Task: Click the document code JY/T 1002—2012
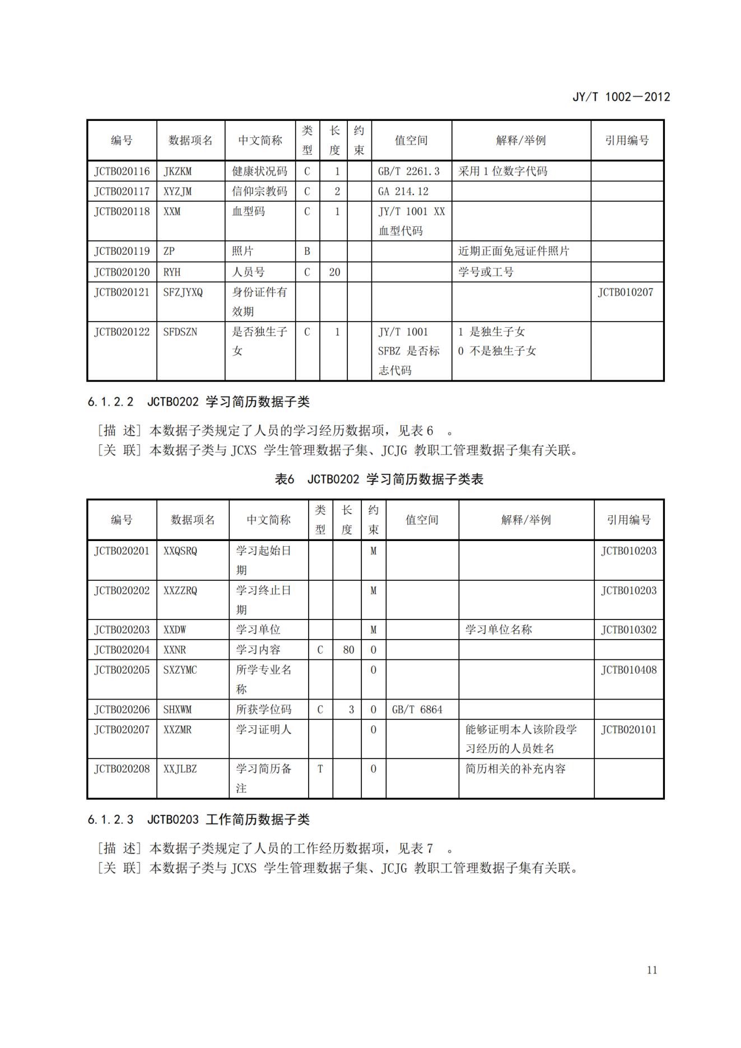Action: [x=621, y=97]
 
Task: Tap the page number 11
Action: [x=651, y=970]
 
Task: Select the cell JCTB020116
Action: [x=122, y=171]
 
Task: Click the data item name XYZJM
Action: [x=178, y=192]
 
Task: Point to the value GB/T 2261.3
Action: [x=409, y=171]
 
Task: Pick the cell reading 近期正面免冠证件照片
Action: [x=514, y=251]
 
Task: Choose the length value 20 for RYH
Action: [x=334, y=272]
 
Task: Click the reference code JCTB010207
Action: [x=625, y=292]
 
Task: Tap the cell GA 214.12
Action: [x=403, y=192]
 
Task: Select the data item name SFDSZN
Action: [x=180, y=332]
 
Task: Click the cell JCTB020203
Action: [x=122, y=630]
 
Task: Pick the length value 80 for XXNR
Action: [x=348, y=650]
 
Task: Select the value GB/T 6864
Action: [x=417, y=710]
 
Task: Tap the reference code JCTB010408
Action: [x=628, y=670]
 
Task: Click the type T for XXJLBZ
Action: [x=320, y=769]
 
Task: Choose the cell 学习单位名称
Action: [x=498, y=630]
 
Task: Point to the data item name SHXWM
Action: [x=178, y=710]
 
